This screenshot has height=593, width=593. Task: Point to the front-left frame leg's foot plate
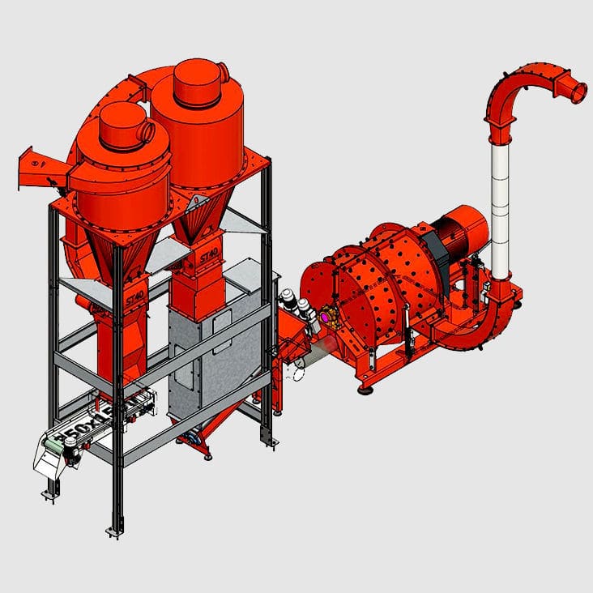click(x=115, y=531)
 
